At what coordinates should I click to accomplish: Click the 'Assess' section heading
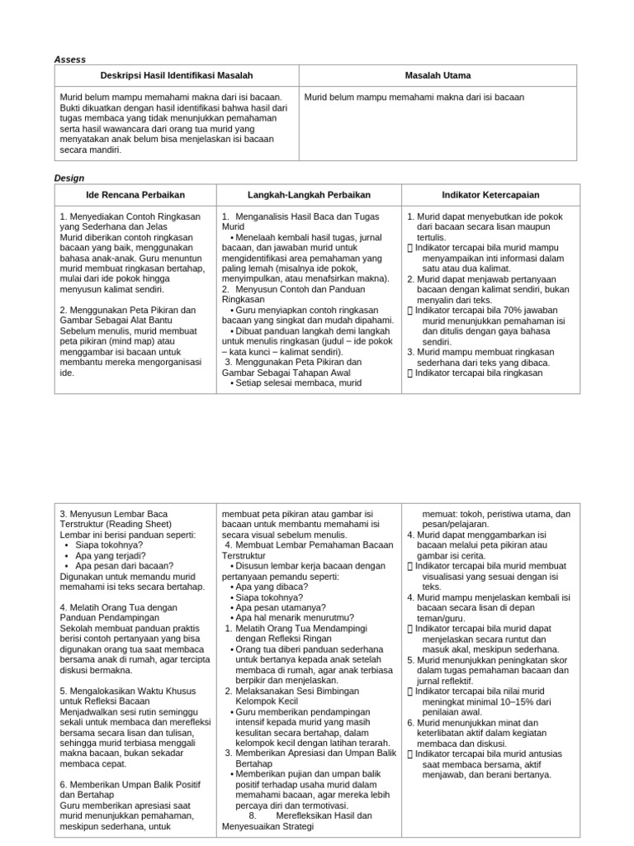click(x=69, y=59)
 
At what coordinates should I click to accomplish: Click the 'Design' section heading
click(x=69, y=178)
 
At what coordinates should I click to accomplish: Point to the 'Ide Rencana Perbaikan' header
click(x=135, y=195)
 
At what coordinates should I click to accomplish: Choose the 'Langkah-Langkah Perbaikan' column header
click(x=309, y=195)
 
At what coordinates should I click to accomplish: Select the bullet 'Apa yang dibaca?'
click(x=268, y=586)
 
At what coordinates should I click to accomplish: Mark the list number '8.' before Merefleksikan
click(x=253, y=815)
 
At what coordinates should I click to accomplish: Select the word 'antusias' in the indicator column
click(x=545, y=753)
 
